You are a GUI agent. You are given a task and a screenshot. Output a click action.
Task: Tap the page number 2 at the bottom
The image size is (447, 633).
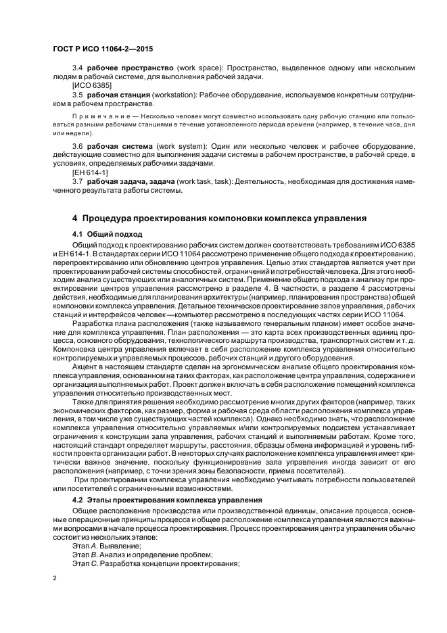point(54,578)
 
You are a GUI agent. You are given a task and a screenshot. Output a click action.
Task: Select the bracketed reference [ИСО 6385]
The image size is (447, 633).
point(93,87)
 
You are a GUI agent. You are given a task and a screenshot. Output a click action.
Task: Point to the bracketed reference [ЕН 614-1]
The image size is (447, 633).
point(91,173)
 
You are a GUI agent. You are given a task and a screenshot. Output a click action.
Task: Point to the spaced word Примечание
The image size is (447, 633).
point(101,116)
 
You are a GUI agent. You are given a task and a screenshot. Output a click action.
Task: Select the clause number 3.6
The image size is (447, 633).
point(77,146)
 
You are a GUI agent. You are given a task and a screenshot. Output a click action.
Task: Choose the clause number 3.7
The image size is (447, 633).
point(77,182)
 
